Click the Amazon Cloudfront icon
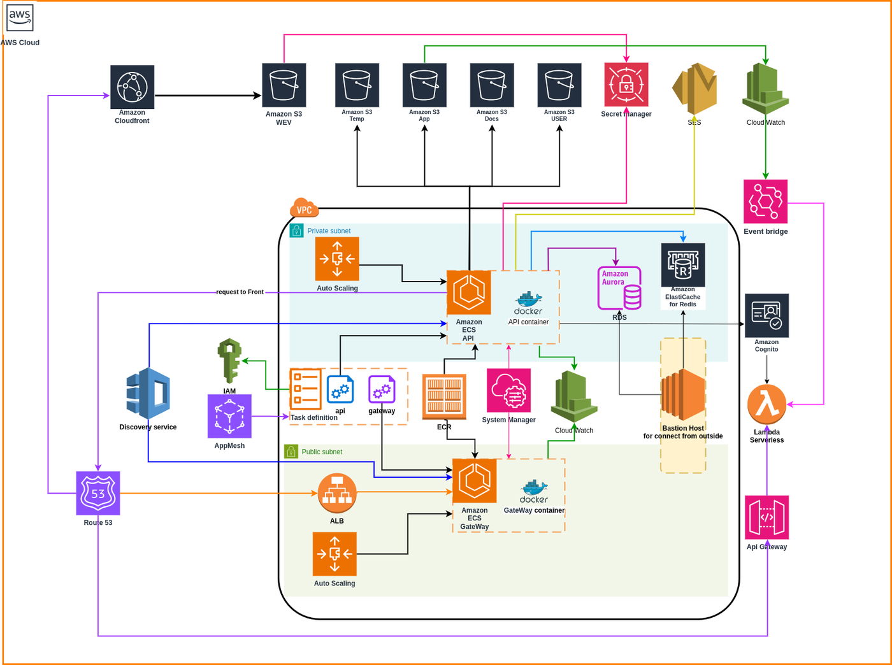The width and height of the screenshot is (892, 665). [x=132, y=87]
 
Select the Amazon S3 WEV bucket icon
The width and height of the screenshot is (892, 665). [x=284, y=85]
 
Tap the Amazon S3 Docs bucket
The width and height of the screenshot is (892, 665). [x=492, y=85]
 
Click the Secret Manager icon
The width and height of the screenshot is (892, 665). [x=626, y=85]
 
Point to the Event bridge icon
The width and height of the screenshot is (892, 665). [x=765, y=202]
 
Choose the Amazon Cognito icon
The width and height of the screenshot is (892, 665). [x=766, y=315]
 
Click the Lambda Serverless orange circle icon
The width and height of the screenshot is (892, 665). [x=766, y=404]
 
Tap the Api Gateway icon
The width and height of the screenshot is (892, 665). [x=766, y=517]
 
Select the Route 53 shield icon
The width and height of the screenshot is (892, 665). [x=98, y=493]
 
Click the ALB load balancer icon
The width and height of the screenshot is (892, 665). [x=337, y=494]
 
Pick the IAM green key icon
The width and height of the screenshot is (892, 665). [x=229, y=361]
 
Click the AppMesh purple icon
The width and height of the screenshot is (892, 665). [x=229, y=416]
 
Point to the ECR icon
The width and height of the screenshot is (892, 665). [x=444, y=397]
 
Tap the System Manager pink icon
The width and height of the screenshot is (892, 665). [x=508, y=390]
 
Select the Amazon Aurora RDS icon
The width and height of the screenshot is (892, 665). [x=619, y=289]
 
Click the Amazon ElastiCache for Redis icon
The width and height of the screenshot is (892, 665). [x=683, y=265]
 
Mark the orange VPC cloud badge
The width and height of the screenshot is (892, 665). [x=304, y=208]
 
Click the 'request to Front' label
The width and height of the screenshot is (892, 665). [x=240, y=292]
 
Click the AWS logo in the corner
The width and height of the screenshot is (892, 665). [x=20, y=17]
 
